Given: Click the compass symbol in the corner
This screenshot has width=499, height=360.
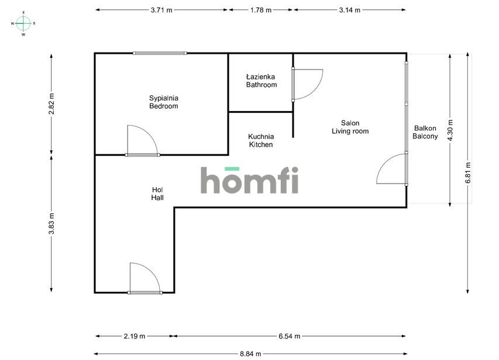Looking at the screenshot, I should [23, 23].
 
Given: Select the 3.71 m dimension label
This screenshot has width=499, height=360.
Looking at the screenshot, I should [161, 10].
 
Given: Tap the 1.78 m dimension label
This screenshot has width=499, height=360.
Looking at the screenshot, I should [260, 10].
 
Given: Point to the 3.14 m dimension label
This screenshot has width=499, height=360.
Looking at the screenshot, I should [349, 10].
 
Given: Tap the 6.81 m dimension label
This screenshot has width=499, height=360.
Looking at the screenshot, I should [467, 173].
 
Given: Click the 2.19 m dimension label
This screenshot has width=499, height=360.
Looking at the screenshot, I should [135, 336].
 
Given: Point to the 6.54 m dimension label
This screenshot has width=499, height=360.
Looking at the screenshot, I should [289, 336].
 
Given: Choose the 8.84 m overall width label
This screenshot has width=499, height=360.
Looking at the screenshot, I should [250, 353].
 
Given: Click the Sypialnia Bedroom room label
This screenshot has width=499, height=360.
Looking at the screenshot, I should [163, 102].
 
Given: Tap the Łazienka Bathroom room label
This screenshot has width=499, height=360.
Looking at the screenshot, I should [261, 81].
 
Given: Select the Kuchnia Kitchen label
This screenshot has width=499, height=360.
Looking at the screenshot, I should [261, 140].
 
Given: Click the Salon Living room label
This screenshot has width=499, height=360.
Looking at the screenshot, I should [350, 127].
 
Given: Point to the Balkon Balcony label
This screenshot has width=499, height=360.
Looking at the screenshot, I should [425, 132].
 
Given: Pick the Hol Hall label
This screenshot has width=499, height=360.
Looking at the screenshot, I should [157, 193].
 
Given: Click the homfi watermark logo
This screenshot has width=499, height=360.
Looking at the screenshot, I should [250, 180].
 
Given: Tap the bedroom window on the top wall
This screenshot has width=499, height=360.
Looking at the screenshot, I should [160, 53].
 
